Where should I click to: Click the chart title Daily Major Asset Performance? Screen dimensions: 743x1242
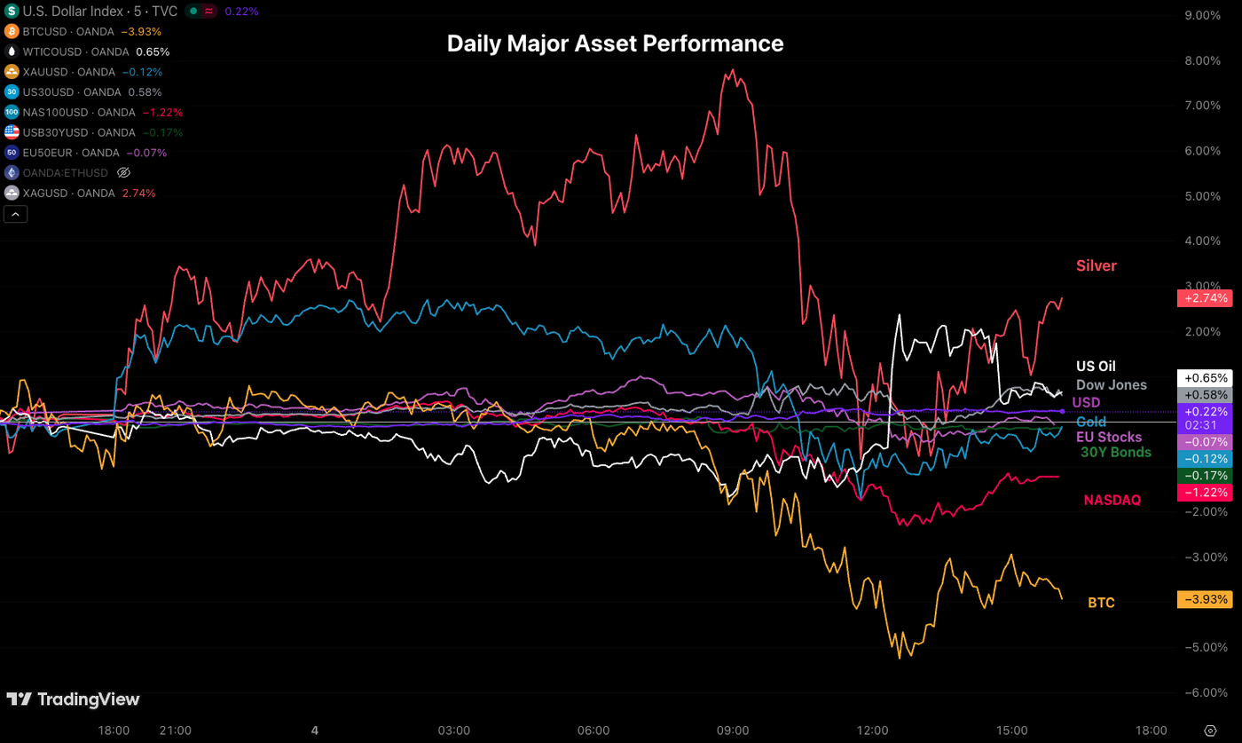pyautogui.click(x=615, y=43)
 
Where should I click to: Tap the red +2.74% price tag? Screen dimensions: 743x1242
pyautogui.click(x=1204, y=298)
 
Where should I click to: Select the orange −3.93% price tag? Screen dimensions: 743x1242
pyautogui.click(x=1204, y=599)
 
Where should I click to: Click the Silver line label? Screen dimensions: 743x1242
pyautogui.click(x=1096, y=265)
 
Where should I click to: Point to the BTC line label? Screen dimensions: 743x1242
pyautogui.click(x=1101, y=603)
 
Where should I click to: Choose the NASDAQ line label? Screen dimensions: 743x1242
pyautogui.click(x=1112, y=501)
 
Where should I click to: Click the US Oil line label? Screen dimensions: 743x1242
pyautogui.click(x=1096, y=366)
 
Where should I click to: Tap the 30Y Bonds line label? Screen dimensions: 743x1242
pyautogui.click(x=1115, y=452)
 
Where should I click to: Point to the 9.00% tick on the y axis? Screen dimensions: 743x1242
pyautogui.click(x=1203, y=15)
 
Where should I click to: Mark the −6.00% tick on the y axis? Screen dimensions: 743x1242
pyautogui.click(x=1202, y=692)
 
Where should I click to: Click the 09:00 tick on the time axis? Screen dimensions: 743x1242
pyautogui.click(x=733, y=730)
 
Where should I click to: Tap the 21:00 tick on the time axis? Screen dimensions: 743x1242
pyautogui.click(x=175, y=730)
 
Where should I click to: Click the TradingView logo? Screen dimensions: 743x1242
pyautogui.click(x=73, y=700)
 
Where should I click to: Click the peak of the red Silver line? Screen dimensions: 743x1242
pyautogui.click(x=733, y=70)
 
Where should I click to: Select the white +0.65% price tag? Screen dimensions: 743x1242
pyautogui.click(x=1204, y=377)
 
